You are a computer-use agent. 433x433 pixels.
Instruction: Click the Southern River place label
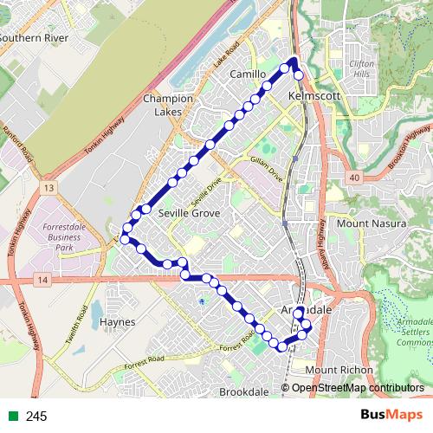pos(33,38)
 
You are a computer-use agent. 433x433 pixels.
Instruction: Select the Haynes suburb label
pos(118,321)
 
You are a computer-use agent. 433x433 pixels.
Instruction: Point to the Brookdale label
pos(244,392)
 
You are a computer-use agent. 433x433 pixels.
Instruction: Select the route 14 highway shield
pos(42,279)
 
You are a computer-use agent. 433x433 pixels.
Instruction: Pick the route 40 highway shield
pos(355,177)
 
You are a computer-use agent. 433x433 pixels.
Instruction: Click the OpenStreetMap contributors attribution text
pos(358,388)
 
